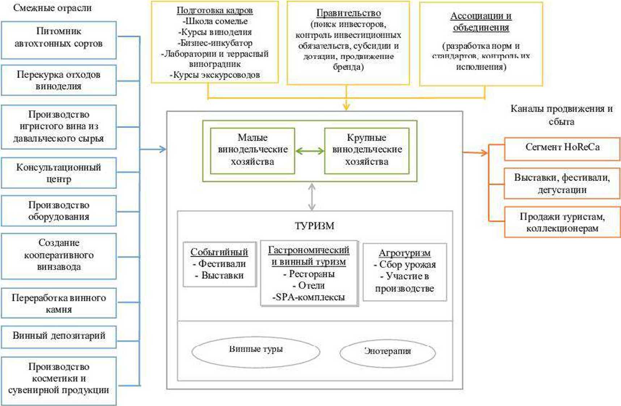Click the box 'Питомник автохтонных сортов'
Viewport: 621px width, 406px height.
(59, 40)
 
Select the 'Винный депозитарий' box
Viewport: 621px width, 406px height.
(59, 336)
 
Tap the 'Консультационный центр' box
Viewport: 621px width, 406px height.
(59, 173)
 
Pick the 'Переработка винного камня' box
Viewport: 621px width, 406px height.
(59, 303)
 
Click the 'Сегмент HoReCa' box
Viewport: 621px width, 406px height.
(562, 149)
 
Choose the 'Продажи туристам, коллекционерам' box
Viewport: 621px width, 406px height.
(562, 222)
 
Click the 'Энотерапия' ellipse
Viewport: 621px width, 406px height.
(388, 352)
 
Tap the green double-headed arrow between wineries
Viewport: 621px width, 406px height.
(310, 151)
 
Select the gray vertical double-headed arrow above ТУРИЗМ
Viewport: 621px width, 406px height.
(312, 196)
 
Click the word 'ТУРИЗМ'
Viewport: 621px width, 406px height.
(314, 226)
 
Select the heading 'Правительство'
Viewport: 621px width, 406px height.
(348, 13)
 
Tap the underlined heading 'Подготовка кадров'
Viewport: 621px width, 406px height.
(215, 11)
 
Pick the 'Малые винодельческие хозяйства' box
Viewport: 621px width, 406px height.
(253, 150)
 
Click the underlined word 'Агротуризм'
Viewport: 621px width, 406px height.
(405, 253)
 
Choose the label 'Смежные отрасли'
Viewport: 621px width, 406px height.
(52, 8)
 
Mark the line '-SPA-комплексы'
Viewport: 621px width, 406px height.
(309, 298)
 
